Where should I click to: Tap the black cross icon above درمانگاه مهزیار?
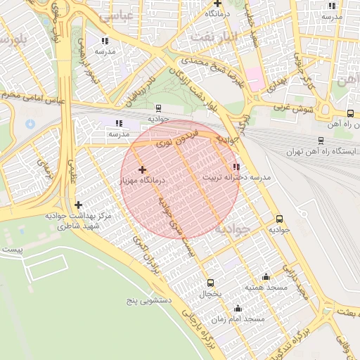point(143,169)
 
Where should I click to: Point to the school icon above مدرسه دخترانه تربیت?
point(236,167)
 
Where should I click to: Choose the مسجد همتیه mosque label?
point(264,288)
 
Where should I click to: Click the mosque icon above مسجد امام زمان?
point(238,308)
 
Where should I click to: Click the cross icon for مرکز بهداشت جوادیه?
point(78,205)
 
